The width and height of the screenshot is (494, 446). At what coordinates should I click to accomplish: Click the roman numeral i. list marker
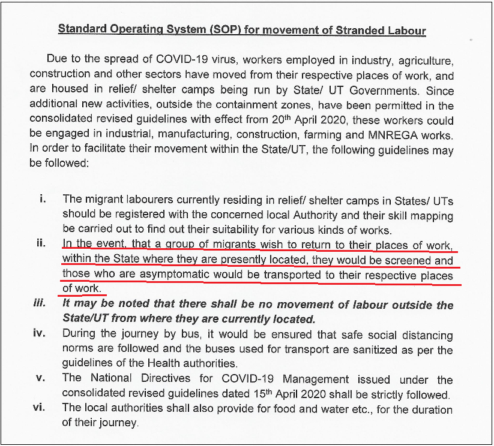pos(42,198)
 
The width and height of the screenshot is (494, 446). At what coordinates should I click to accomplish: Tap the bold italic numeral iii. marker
pos(40,303)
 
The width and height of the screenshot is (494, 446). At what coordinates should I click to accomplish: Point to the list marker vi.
pos(40,408)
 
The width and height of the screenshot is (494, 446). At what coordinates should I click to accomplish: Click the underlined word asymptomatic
pos(173,275)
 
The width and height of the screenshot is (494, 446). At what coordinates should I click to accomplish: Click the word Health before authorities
pos(170,364)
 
